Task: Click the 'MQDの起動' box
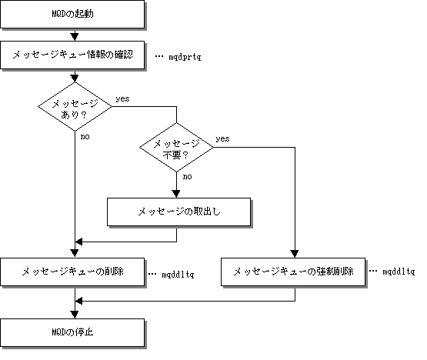72,14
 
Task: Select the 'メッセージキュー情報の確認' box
72,55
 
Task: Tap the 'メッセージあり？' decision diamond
75,106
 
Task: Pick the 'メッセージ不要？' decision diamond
176,148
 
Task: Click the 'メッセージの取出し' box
179,212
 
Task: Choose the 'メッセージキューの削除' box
72,272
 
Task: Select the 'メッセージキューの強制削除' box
293,272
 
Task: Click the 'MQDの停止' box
72,332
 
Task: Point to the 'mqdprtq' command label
185,57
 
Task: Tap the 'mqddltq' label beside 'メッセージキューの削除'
178,274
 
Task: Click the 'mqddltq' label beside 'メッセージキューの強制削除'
399,272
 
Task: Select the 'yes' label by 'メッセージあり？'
122,98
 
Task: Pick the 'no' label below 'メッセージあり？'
85,136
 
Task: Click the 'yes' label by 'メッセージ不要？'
222,139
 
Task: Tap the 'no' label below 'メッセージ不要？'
188,177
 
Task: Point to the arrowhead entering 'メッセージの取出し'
176,194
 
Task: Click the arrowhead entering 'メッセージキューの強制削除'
295,254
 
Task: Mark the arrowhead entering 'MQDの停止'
75,315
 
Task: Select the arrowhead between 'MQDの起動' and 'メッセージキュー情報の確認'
75,37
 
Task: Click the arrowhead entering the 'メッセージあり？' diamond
75,78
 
